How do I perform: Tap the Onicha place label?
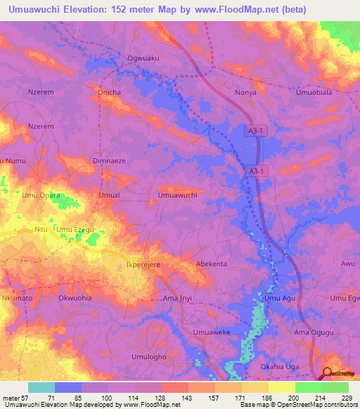click(x=108, y=92)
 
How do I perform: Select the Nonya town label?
click(x=245, y=92)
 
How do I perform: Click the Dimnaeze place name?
click(x=109, y=161)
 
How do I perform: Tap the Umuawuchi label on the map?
click(x=177, y=195)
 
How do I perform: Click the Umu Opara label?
click(x=41, y=195)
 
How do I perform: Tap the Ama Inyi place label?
click(x=177, y=298)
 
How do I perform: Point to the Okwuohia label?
click(x=75, y=298)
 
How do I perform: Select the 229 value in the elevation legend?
click(x=345, y=398)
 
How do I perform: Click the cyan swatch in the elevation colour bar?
click(x=41, y=387)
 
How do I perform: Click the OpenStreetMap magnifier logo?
click(x=328, y=373)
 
